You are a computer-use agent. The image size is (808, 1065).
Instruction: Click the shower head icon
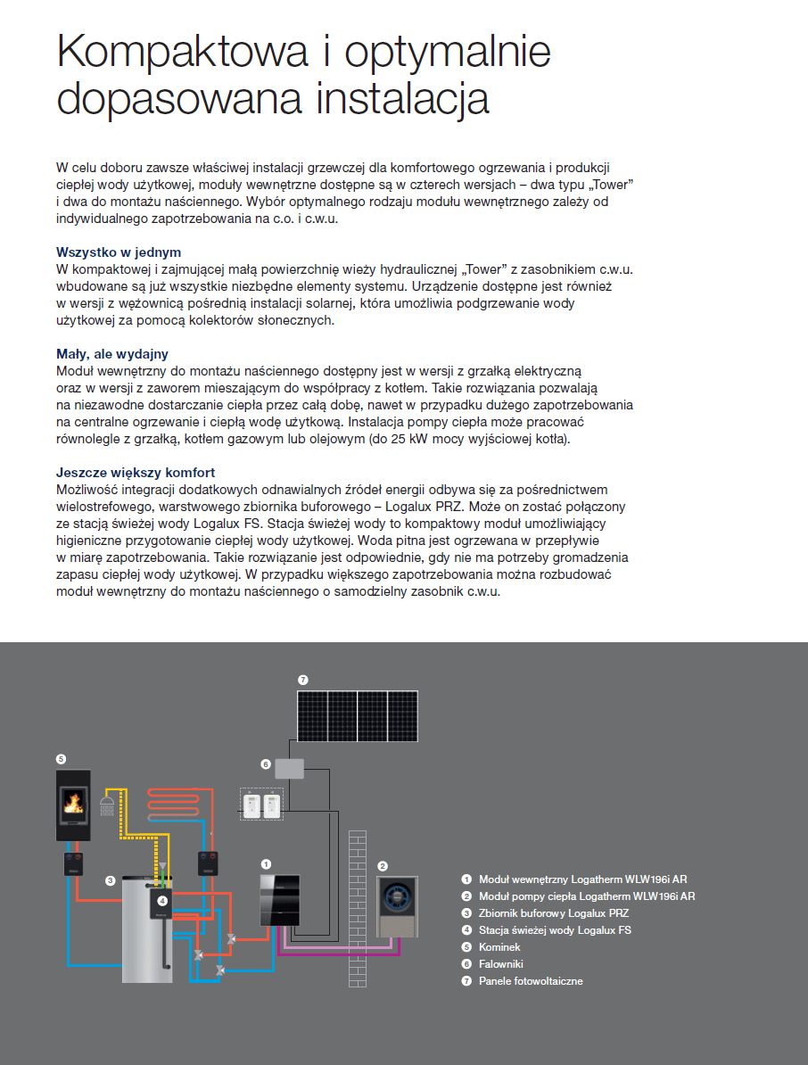coord(108,806)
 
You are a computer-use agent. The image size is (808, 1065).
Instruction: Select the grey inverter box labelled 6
coord(289,767)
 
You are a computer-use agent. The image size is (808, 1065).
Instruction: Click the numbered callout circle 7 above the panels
coord(302,680)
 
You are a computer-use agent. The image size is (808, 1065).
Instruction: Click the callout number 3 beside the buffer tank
coord(110,880)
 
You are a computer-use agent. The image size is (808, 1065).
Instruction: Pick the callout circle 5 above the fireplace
coord(61,759)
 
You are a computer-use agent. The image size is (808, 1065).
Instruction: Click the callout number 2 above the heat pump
coord(383,865)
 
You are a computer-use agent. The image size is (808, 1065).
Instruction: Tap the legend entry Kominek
coord(499,947)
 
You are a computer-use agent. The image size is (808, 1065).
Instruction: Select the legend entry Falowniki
coord(501,964)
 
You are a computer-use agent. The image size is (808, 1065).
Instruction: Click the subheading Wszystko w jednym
coord(118,252)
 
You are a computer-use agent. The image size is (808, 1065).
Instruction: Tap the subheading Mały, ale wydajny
coord(111,354)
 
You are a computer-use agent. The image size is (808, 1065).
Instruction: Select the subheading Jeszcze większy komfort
coord(135,473)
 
